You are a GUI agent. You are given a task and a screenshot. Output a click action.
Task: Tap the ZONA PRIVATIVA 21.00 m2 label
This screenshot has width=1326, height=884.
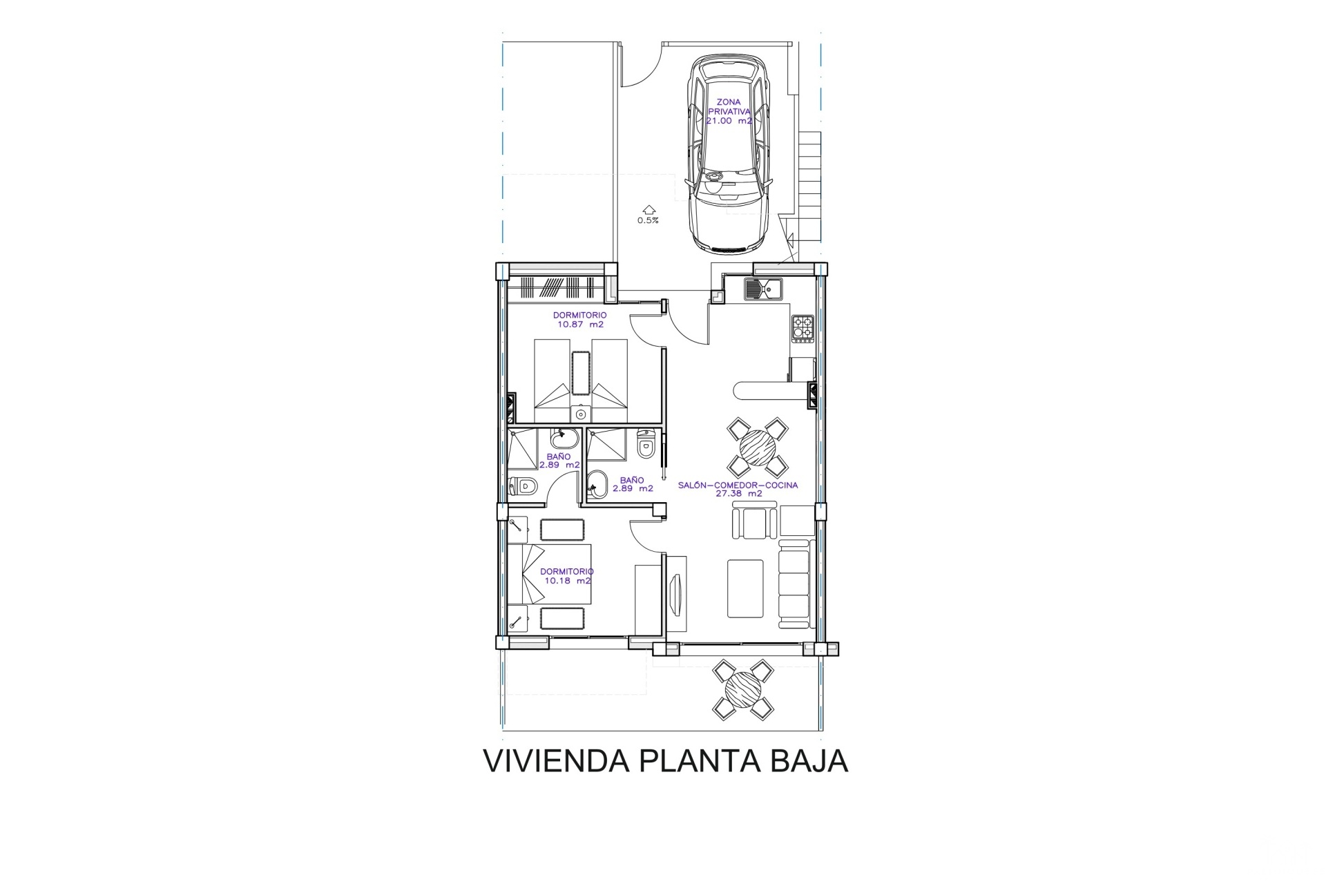[x=729, y=111]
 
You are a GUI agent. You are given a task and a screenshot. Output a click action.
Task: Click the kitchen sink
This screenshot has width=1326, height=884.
[x=763, y=289]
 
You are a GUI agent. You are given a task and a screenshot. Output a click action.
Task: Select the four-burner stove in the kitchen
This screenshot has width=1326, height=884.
[x=803, y=328]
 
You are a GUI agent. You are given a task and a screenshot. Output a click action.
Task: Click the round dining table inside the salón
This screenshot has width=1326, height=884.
[x=758, y=447]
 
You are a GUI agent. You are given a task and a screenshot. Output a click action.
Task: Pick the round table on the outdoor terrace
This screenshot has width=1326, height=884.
[x=743, y=689]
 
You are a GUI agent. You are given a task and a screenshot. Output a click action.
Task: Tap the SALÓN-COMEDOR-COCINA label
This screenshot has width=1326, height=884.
[x=738, y=485]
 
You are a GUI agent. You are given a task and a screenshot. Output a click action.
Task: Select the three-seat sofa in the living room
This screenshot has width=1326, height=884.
[x=794, y=584]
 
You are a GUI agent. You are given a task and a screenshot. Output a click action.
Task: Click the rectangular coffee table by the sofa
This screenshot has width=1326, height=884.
[x=745, y=589]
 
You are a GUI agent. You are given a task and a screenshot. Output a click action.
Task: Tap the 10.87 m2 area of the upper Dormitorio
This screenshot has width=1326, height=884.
[x=581, y=324]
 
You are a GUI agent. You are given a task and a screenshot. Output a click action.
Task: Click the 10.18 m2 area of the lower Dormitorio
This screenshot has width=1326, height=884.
[x=568, y=581]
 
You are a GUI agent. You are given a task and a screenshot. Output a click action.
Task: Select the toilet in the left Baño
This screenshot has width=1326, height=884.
[x=523, y=486]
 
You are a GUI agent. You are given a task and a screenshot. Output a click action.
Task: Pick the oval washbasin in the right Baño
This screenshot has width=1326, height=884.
[x=597, y=485]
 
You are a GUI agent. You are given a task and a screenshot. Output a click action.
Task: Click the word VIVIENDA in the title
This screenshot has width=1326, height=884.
[x=556, y=761]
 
